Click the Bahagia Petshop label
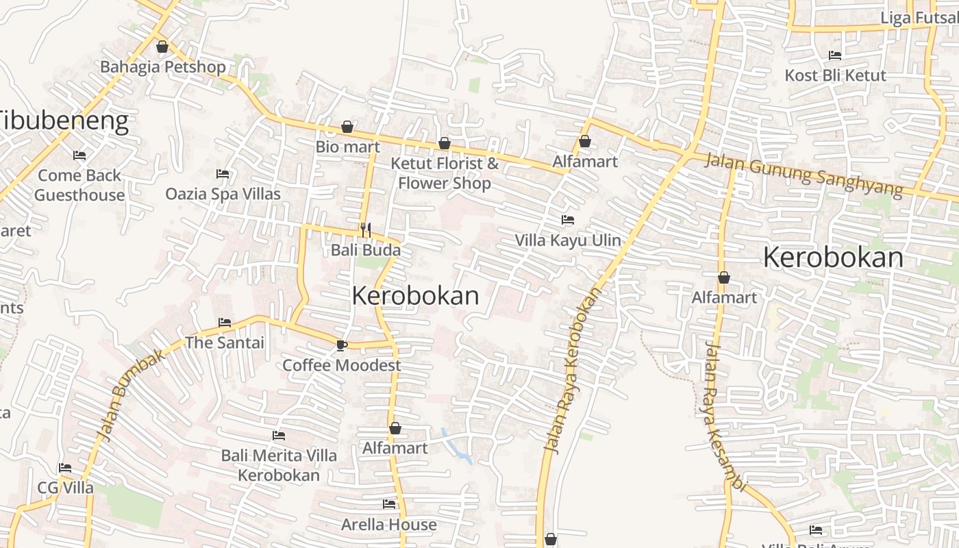[162, 66]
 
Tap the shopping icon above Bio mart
[347, 127]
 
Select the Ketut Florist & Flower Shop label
[445, 173]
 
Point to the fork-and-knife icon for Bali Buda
[366, 229]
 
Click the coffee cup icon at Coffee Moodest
[342, 345]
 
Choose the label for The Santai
[225, 342]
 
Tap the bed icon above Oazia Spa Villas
[223, 174]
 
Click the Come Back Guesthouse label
[79, 185]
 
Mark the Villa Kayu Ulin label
[568, 240]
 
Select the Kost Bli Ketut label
[835, 75]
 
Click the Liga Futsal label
[919, 18]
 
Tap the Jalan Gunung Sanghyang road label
[804, 174]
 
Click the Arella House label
[389, 525]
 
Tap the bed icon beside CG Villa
[65, 468]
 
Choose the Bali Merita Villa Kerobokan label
[279, 465]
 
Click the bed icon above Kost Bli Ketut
[835, 55]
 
